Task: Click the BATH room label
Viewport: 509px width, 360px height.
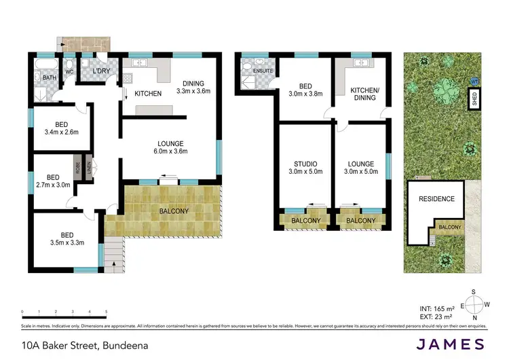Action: [50, 78]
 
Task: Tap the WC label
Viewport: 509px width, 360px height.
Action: [69, 71]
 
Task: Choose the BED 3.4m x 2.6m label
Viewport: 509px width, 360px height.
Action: [61, 128]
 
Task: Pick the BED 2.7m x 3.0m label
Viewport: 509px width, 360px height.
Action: [52, 180]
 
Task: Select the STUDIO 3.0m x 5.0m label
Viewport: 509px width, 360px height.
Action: [305, 168]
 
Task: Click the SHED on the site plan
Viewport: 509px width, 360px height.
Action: [473, 101]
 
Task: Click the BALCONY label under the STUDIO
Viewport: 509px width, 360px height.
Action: [306, 221]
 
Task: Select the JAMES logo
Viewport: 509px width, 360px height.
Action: [451, 344]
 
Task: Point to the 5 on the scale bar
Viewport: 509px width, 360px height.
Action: [106, 312]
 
